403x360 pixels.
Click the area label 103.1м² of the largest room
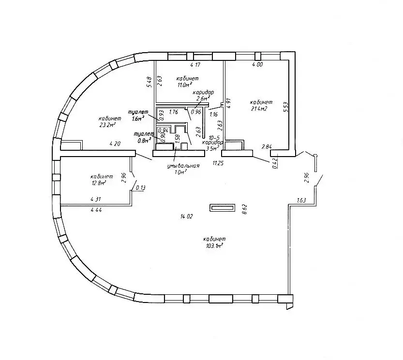click(x=213, y=246)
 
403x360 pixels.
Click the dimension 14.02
click(x=185, y=216)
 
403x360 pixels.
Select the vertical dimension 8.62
click(x=245, y=208)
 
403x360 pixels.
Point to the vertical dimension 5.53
click(x=285, y=106)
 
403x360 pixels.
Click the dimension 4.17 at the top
click(x=195, y=65)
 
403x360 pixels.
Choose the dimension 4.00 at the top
click(x=257, y=65)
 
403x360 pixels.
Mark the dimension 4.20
click(x=115, y=144)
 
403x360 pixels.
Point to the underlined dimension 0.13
click(x=141, y=188)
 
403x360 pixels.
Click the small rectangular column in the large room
click(x=221, y=208)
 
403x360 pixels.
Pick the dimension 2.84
click(x=267, y=146)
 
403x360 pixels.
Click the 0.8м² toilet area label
click(x=144, y=140)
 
